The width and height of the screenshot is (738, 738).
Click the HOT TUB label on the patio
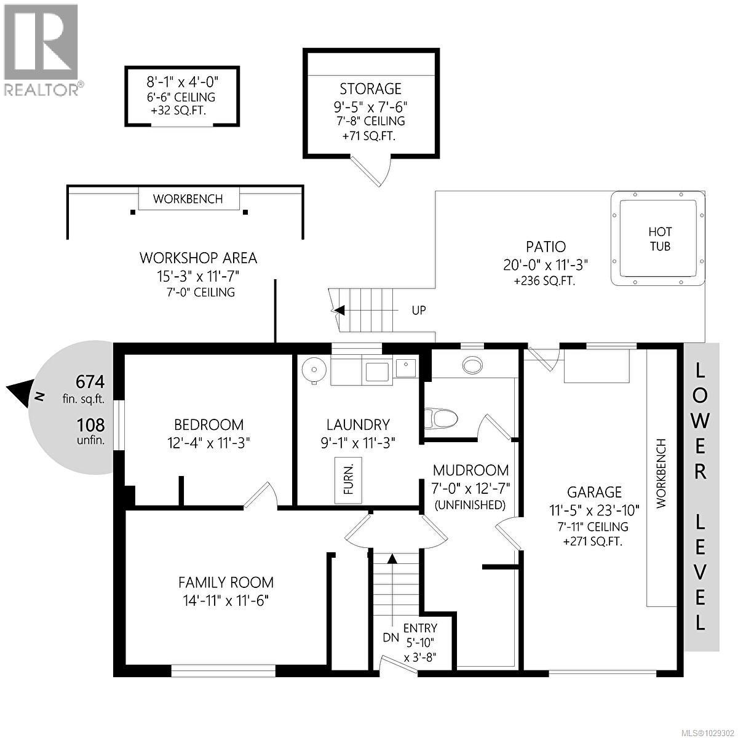(659, 239)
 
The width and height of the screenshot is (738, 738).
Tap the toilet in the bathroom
(441, 419)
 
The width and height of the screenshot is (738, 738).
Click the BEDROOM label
(208, 424)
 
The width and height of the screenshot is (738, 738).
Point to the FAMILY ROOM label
(226, 582)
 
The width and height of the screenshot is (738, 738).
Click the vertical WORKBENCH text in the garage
(661, 474)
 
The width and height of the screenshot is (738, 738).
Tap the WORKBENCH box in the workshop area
(188, 199)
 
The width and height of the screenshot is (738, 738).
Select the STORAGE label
(370, 89)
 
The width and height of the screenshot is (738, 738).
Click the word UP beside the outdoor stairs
(418, 310)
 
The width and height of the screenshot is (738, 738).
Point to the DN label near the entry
(391, 638)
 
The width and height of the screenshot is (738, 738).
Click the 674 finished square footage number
(90, 382)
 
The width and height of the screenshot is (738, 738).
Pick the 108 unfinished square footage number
(90, 424)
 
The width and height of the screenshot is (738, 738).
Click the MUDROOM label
(470, 470)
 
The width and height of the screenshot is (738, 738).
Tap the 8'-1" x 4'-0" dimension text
(182, 81)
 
